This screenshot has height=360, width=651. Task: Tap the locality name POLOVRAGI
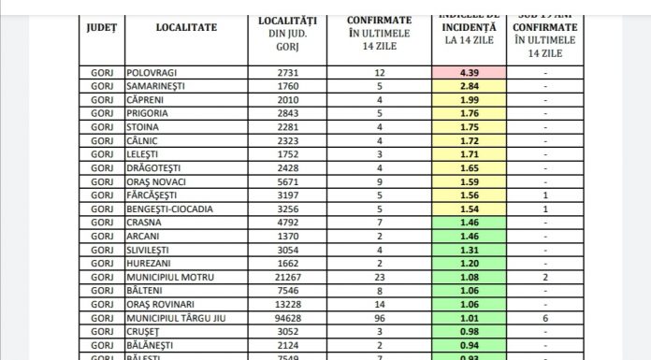coord(152,73)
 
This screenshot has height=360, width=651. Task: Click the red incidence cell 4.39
coord(470,73)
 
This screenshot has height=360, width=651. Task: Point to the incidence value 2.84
coord(470,87)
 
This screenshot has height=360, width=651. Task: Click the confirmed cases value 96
coord(380,318)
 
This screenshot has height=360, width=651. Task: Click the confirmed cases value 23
coord(380,277)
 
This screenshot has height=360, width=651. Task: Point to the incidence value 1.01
coord(470,318)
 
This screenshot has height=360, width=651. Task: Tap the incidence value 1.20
coord(470,264)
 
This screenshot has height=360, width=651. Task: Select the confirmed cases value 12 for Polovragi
coord(380,73)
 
